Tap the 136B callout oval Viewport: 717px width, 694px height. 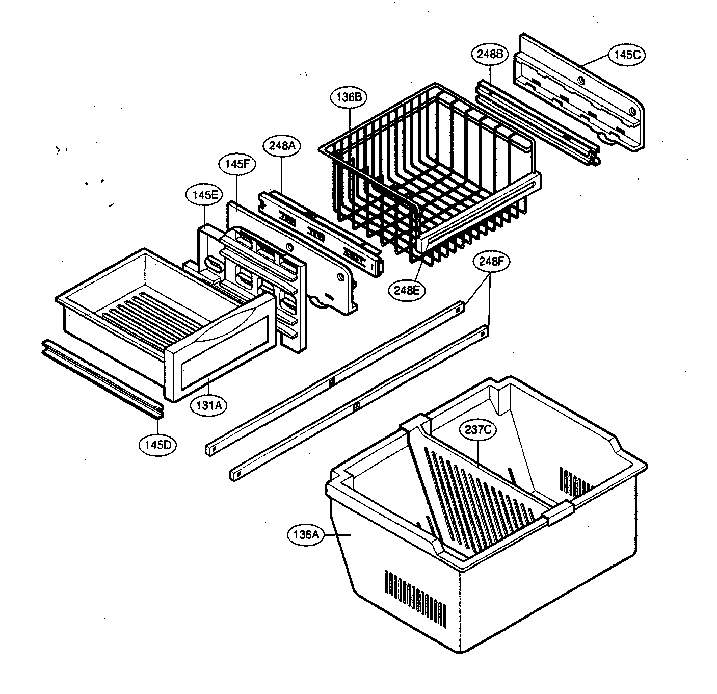(349, 97)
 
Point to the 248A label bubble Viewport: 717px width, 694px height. (282, 146)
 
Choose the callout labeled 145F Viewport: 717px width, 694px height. (237, 165)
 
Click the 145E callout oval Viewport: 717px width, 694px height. (203, 195)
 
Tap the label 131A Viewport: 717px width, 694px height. (208, 405)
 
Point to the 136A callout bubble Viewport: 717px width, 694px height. (306, 535)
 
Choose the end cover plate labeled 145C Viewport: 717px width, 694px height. (581, 92)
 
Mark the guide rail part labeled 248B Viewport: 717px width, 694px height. (535, 122)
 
